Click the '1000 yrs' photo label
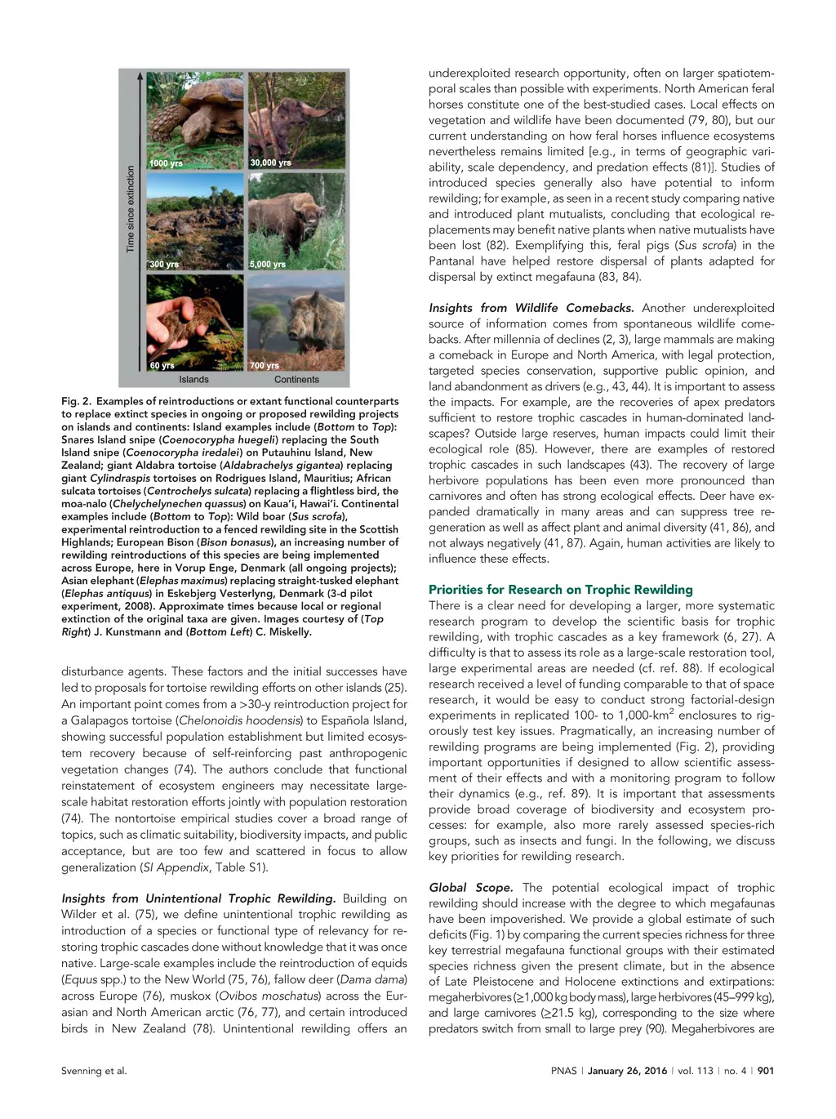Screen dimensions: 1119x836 coord(166,163)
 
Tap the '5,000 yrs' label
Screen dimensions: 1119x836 coord(268,265)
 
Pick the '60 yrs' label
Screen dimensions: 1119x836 coord(162,365)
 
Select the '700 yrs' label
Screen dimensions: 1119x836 coord(265,365)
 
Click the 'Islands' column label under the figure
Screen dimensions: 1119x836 coord(193,380)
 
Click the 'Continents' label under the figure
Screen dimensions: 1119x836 coord(296,380)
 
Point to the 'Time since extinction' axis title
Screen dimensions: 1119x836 coord(131,209)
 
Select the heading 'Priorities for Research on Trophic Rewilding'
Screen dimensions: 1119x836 coord(560,590)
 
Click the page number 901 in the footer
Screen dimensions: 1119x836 coord(765,1071)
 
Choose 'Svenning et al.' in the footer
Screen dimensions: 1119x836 coord(94,1071)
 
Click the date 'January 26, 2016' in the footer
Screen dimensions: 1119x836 coord(627,1071)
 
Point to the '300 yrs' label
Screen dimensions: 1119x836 coord(164,265)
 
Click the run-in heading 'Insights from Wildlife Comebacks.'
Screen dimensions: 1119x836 coord(531,308)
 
